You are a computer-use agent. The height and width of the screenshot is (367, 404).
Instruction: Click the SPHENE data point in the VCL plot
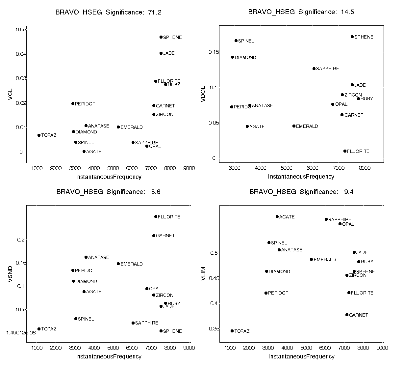[161, 37]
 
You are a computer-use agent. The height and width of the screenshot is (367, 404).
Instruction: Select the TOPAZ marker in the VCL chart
[39, 135]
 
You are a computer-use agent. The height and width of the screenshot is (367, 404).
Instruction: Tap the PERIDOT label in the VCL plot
[85, 104]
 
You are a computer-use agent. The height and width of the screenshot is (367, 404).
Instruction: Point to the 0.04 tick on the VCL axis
[20, 54]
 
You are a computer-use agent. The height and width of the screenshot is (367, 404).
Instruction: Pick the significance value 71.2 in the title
[154, 13]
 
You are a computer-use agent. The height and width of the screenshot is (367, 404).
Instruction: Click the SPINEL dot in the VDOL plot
[236, 41]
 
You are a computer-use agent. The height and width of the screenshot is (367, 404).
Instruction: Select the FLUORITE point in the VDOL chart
[345, 151]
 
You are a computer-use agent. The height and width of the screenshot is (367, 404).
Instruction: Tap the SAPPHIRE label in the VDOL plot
[327, 69]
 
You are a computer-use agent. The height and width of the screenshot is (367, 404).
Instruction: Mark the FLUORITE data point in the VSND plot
[156, 216]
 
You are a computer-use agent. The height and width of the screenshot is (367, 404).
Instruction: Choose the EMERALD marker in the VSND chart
[118, 264]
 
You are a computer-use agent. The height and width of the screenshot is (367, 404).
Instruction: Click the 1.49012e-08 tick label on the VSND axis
[21, 332]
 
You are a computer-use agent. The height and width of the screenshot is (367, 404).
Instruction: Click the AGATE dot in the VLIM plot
[277, 216]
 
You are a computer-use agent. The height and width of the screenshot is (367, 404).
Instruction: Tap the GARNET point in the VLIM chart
[347, 315]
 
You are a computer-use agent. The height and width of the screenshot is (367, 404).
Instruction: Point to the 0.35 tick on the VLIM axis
[215, 329]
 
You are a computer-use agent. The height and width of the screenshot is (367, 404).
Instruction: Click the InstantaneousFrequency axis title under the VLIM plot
[301, 356]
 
